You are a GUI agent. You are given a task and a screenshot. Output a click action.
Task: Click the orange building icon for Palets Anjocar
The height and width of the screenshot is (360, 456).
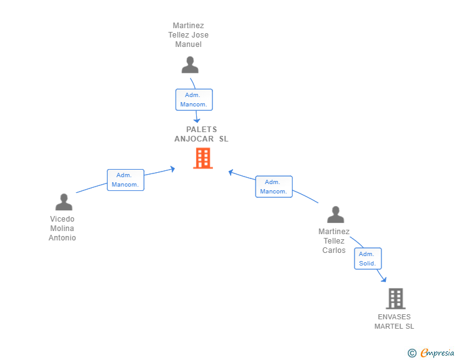(x=202, y=158)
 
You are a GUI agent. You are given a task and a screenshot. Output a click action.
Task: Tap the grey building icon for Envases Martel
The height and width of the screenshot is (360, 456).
(x=395, y=299)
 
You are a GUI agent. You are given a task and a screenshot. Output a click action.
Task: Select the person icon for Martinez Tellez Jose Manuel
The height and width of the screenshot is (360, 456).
(x=189, y=65)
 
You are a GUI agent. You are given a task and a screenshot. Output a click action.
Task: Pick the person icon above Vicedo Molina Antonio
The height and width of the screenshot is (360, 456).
(x=64, y=202)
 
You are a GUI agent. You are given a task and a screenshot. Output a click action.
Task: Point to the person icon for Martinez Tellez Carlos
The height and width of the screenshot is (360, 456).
(x=336, y=215)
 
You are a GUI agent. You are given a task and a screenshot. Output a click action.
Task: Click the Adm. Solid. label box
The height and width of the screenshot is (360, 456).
(x=367, y=259)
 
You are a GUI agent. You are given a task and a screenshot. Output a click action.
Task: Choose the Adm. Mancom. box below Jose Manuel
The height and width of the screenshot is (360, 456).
(x=194, y=100)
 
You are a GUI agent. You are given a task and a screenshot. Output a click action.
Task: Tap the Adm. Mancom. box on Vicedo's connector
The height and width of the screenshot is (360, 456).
(x=125, y=180)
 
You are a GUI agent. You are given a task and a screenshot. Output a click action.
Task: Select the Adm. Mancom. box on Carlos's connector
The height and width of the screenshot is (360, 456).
(x=273, y=187)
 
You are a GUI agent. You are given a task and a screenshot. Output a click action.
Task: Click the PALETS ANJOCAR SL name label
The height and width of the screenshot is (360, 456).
(x=201, y=134)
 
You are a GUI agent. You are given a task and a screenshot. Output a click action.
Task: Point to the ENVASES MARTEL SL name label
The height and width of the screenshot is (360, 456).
(x=395, y=322)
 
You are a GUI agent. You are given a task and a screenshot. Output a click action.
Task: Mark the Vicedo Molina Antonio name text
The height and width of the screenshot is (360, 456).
(x=63, y=229)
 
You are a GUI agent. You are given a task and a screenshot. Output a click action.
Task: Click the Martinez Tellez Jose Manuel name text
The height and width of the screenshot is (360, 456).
(x=189, y=35)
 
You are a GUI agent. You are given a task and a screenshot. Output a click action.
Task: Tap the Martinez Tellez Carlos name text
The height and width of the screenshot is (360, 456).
(x=334, y=241)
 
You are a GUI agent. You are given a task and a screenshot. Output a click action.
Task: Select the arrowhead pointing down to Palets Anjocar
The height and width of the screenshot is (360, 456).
(x=197, y=120)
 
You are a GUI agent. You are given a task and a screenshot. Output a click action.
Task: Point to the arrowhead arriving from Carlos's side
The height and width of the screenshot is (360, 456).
(x=231, y=172)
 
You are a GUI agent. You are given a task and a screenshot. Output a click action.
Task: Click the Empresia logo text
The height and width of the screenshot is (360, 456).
(x=437, y=352)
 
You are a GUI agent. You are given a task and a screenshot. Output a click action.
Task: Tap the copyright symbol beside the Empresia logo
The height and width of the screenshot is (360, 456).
(x=412, y=353)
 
